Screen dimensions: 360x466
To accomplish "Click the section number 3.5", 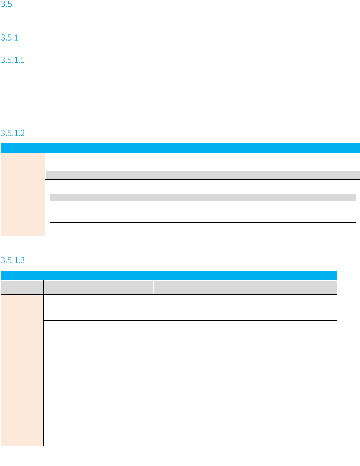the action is pos(7,5).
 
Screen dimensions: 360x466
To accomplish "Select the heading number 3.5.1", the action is pos(10,38).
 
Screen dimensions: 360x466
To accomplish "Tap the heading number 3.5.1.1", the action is pos(13,60).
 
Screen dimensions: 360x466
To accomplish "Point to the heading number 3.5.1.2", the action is pos(13,133).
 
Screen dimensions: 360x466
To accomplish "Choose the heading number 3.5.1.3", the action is pos(13,260).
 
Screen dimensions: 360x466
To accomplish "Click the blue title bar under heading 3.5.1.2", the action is pos(180,148).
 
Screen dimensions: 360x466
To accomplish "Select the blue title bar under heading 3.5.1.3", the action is pos(169,275).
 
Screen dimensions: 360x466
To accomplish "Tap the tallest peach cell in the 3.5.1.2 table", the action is pos(23,203).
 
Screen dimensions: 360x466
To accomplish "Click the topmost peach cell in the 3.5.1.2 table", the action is pos(23,157).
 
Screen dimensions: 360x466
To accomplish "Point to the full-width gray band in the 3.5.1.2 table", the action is pos(202,175).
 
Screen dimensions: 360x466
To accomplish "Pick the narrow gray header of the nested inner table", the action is pos(87,197).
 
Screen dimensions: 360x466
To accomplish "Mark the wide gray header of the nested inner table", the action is pos(240,197).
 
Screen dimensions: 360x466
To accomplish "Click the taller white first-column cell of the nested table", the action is pos(87,208).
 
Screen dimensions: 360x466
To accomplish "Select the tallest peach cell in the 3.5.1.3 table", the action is pos(22,351).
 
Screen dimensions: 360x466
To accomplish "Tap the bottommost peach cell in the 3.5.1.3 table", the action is pos(22,437).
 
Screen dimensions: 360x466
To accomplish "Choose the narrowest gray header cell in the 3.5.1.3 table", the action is pos(22,287).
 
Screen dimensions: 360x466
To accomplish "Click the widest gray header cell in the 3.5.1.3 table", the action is pos(245,287).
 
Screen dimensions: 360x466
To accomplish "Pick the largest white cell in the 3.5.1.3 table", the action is pos(245,364).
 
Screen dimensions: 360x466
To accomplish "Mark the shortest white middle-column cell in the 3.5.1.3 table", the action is pos(98,316).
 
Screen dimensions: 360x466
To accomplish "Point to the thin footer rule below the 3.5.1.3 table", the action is pos(166,466).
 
